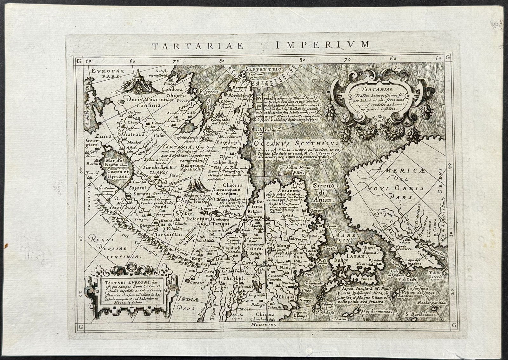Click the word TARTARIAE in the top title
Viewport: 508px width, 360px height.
(x=197, y=46)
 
